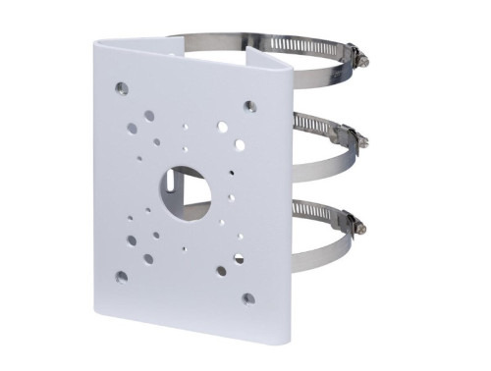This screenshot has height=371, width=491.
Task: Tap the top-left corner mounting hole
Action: point(121,88)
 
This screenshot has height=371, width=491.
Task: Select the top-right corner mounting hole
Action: point(250,105)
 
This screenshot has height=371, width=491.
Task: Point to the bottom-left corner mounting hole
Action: point(121,276)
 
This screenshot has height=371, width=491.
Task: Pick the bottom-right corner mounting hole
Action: point(248,297)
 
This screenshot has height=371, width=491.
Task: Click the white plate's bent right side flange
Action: point(276,196)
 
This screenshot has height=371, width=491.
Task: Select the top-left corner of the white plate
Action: point(98,42)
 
